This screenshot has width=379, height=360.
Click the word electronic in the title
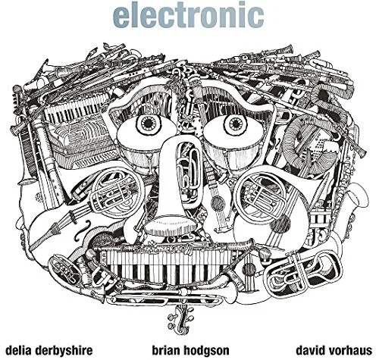click(x=188, y=15)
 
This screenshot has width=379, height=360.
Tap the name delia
click(x=19, y=350)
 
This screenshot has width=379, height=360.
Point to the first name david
click(x=310, y=350)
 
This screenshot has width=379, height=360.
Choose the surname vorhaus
click(x=349, y=350)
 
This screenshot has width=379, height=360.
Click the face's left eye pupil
click(x=148, y=124)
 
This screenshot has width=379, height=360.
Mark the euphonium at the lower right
click(x=303, y=271)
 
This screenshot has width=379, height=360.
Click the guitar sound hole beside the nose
click(x=217, y=202)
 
